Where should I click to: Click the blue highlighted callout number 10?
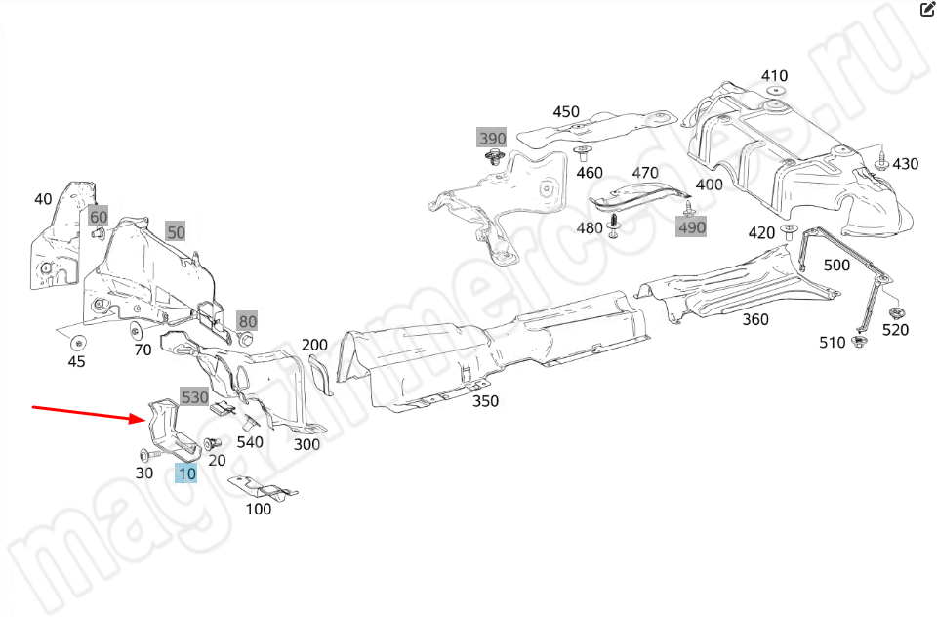pyautogui.click(x=186, y=474)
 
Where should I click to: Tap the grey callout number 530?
pyautogui.click(x=194, y=397)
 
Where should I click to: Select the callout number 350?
pyautogui.click(x=485, y=401)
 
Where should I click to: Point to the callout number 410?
pyautogui.click(x=774, y=76)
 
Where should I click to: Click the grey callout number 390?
pyautogui.click(x=492, y=138)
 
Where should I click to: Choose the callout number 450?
pyautogui.click(x=566, y=112)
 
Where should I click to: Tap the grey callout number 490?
pyautogui.click(x=691, y=227)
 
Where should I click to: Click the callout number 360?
pyautogui.click(x=754, y=319)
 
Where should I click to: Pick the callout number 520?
pyautogui.click(x=895, y=330)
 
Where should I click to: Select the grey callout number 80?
pyautogui.click(x=248, y=320)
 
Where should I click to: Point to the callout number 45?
pyautogui.click(x=76, y=361)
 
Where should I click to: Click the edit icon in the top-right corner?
pyautogui.click(x=927, y=11)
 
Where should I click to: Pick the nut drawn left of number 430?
pyautogui.click(x=881, y=162)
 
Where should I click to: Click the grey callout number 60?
pyautogui.click(x=99, y=216)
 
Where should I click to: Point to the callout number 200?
pyautogui.click(x=314, y=345)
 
